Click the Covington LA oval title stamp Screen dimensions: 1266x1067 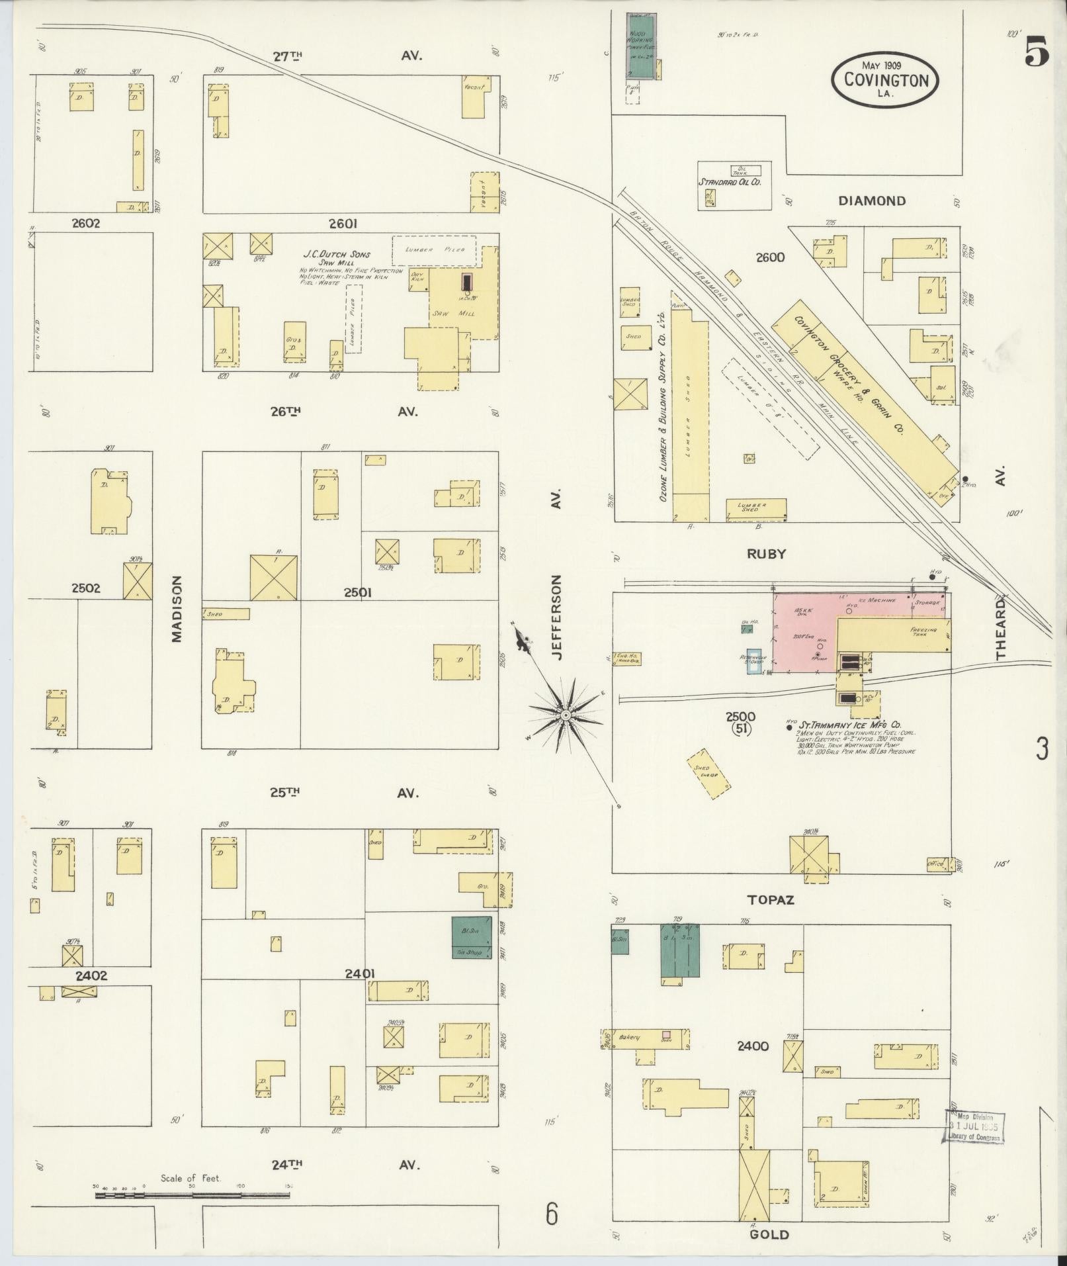click(884, 81)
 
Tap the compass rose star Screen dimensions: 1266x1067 click(566, 716)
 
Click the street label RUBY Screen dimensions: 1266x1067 click(766, 555)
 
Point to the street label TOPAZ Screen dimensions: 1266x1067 click(770, 900)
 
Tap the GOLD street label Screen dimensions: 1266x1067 click(770, 1235)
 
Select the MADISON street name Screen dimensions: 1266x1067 click(176, 608)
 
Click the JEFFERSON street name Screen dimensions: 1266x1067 click(557, 617)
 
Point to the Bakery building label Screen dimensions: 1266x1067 click(628, 1038)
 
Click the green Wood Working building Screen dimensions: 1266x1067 click(640, 45)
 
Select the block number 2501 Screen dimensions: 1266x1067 click(357, 593)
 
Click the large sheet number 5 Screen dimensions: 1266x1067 click(1036, 54)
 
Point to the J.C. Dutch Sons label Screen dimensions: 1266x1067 click(337, 254)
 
